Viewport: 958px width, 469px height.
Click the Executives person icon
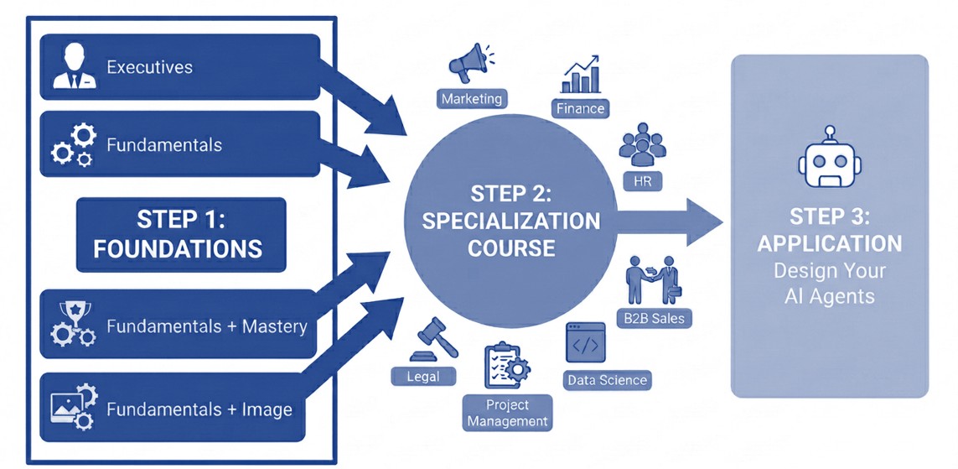coord(75,66)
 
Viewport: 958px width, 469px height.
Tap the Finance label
coord(581,109)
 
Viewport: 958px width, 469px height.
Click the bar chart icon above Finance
coord(581,76)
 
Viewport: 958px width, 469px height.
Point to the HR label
coord(642,181)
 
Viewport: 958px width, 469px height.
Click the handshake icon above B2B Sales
coord(653,280)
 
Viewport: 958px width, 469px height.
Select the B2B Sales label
coord(654,319)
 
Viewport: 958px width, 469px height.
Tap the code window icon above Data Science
coord(585,344)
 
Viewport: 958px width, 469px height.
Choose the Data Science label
coord(607,380)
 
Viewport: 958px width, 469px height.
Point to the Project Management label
coord(507,413)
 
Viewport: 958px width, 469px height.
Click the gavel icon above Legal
coord(433,341)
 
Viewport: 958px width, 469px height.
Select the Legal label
coord(423,376)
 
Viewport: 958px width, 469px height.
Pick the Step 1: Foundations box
coord(181,235)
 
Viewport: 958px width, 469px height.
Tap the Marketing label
coord(472,98)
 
